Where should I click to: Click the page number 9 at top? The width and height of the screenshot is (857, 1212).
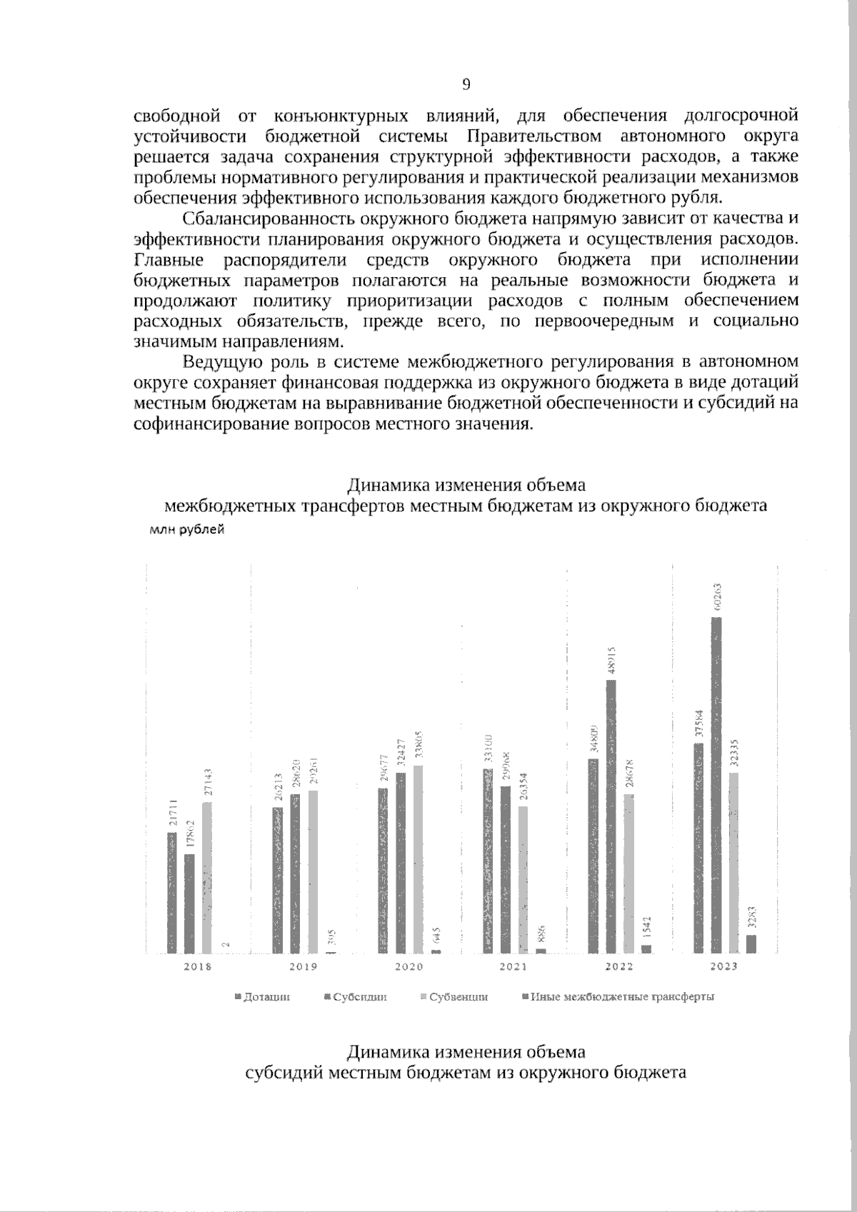coord(466,86)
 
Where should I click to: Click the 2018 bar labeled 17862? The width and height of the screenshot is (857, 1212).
coord(189,903)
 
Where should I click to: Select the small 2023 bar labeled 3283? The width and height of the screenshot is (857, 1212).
coord(751,943)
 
